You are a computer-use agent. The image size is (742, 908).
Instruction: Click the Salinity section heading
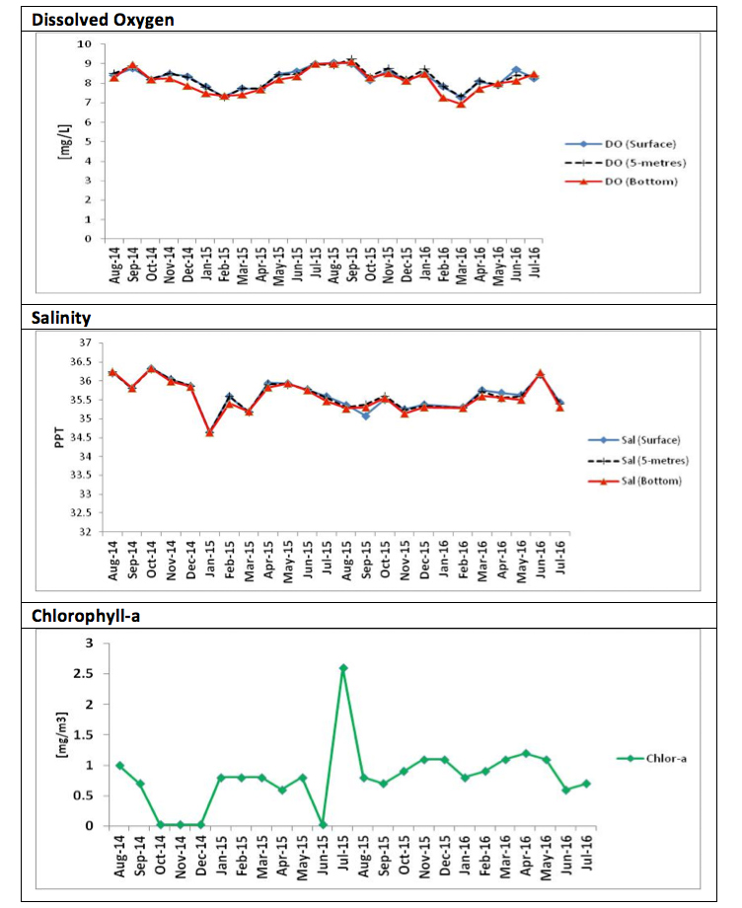[61, 318]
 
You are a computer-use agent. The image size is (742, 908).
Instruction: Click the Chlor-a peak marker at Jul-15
[343, 668]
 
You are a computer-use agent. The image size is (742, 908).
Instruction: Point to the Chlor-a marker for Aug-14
[119, 765]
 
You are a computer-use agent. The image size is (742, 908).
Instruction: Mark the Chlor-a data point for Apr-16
[525, 753]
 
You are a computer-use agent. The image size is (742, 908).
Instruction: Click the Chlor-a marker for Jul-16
[586, 784]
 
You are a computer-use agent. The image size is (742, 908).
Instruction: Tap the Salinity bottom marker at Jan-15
[209, 432]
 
